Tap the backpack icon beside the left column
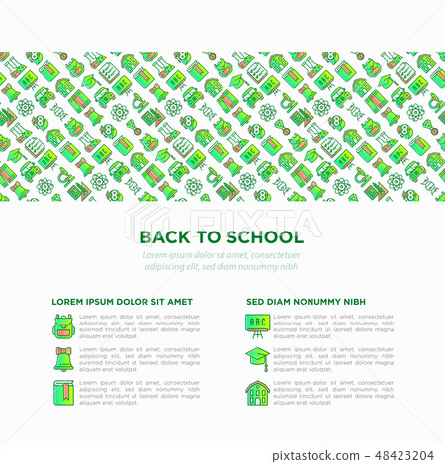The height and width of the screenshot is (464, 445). (x=62, y=325)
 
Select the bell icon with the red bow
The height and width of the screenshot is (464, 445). (x=62, y=358)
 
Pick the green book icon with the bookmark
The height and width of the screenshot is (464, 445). (x=62, y=392)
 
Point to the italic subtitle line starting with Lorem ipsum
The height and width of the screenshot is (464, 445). (x=222, y=256)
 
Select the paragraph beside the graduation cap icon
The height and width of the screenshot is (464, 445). (x=333, y=359)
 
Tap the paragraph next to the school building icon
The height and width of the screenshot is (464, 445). (x=333, y=393)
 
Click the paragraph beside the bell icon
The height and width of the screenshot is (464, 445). (x=139, y=359)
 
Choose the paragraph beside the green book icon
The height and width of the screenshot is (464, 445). (x=139, y=393)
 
